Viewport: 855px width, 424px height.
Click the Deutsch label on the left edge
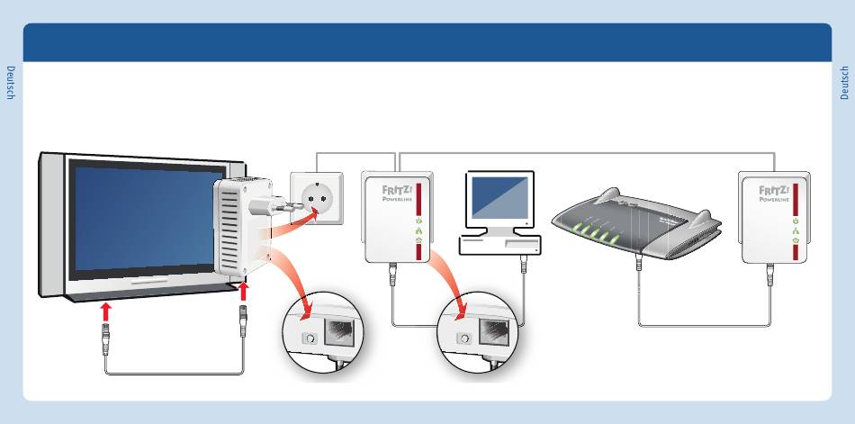click(x=11, y=82)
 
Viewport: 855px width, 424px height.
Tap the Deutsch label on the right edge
click(x=844, y=82)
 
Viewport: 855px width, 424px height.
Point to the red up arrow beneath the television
click(x=106, y=311)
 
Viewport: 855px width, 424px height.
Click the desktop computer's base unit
click(x=499, y=243)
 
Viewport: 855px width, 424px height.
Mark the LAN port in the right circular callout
click(x=496, y=333)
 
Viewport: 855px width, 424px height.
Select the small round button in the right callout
click(x=463, y=338)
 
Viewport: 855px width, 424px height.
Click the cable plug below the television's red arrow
click(x=106, y=339)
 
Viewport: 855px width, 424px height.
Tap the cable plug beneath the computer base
click(x=524, y=265)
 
